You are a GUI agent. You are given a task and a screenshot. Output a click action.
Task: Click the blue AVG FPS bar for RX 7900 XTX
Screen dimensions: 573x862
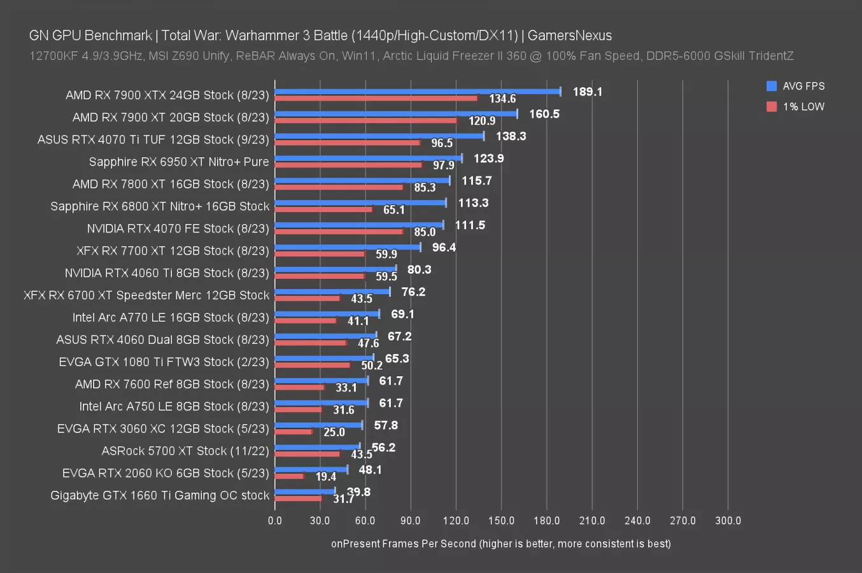(x=417, y=92)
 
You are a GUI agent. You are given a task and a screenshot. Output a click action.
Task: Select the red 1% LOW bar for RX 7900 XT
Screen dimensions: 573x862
(x=365, y=120)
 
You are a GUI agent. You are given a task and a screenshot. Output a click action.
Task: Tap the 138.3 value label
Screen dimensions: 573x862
(x=511, y=136)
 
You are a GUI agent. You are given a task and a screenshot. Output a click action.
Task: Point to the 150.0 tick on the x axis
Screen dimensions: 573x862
(x=501, y=521)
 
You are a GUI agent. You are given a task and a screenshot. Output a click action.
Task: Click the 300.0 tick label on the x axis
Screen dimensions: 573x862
(x=728, y=521)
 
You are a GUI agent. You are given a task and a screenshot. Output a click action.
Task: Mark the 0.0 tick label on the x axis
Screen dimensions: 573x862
(x=275, y=521)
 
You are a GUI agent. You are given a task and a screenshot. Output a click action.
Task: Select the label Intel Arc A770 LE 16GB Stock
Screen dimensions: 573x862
(x=171, y=318)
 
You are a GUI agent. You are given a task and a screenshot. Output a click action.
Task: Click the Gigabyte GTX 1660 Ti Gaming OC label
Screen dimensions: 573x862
(x=160, y=495)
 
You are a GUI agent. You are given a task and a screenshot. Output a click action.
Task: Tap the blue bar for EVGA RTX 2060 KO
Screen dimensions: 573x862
(x=311, y=470)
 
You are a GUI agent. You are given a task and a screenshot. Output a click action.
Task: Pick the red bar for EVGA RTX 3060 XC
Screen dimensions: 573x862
(x=293, y=432)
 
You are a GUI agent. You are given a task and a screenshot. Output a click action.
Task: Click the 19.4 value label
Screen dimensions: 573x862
(x=325, y=477)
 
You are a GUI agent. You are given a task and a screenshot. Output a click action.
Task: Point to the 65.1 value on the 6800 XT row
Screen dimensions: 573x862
(x=394, y=210)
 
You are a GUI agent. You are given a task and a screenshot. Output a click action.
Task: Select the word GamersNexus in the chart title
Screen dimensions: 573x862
(x=569, y=36)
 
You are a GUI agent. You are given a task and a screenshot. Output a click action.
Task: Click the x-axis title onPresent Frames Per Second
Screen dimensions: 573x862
(x=500, y=544)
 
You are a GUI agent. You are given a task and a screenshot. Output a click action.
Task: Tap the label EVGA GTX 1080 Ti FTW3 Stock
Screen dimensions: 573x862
(x=164, y=362)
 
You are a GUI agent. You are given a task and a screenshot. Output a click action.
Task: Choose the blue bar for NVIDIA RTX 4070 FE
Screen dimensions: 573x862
(x=359, y=225)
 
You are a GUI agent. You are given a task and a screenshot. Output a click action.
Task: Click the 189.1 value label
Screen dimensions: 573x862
(x=587, y=92)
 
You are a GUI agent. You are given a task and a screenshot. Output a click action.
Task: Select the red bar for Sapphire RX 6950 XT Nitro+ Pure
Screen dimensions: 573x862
(x=348, y=165)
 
